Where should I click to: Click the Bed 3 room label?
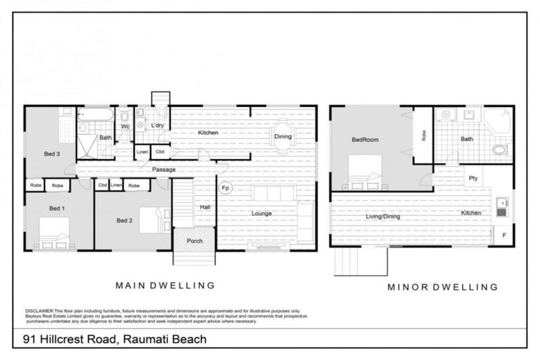click(x=52, y=153)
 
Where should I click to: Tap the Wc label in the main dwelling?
click(x=125, y=127)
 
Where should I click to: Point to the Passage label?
click(x=163, y=169)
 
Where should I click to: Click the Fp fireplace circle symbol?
click(x=226, y=188)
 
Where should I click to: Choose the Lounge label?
click(x=260, y=214)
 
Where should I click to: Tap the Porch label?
click(x=194, y=241)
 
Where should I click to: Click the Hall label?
click(x=205, y=207)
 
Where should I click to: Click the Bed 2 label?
click(x=124, y=220)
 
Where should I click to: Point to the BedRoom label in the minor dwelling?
click(x=365, y=140)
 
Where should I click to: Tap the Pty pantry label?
click(x=473, y=178)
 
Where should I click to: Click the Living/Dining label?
click(x=382, y=217)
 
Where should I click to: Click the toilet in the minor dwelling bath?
click(x=500, y=149)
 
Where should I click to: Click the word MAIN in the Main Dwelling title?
click(x=131, y=285)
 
